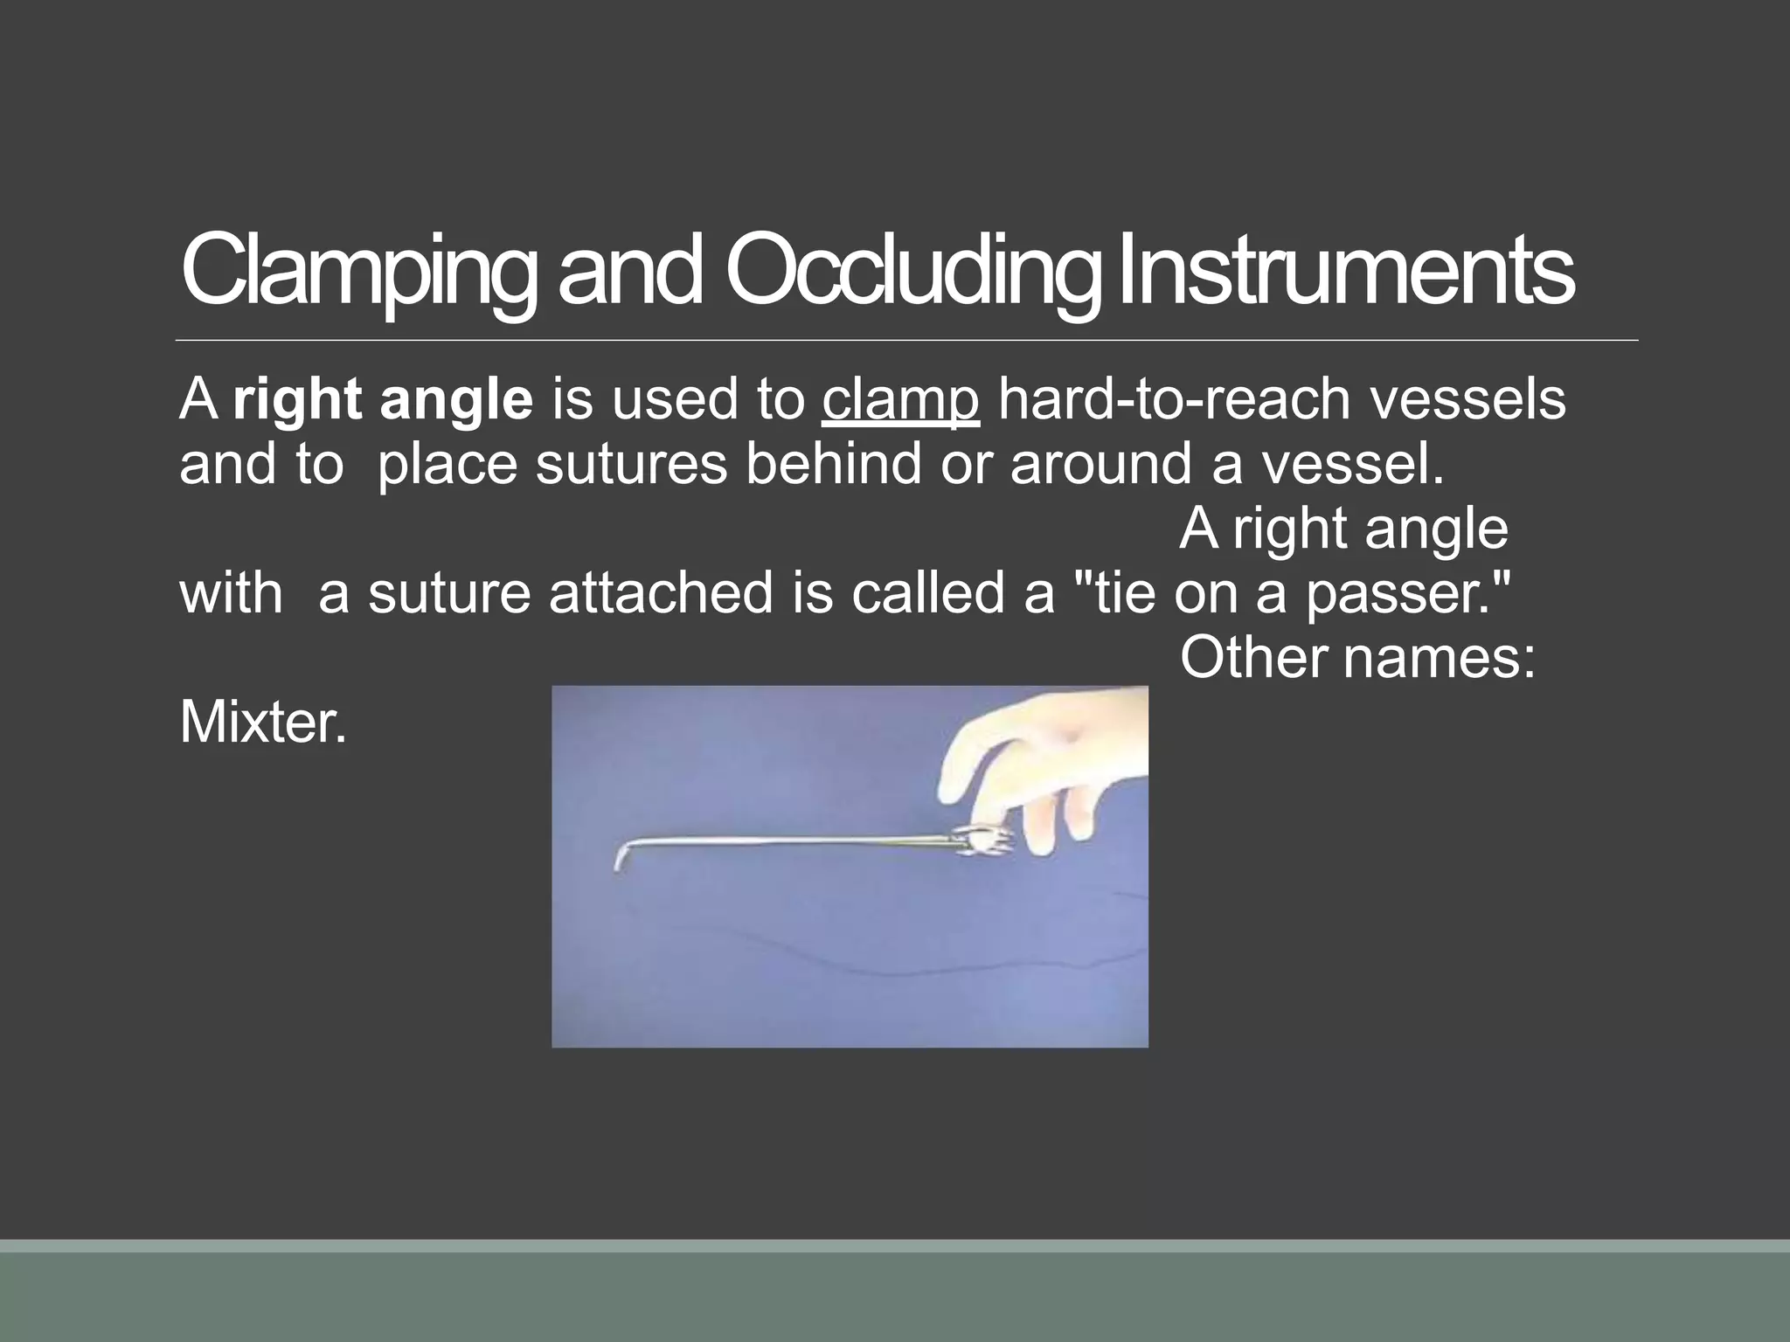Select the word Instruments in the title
click(1345, 271)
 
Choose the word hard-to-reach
click(1172, 399)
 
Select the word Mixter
click(262, 723)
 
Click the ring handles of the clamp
click(983, 841)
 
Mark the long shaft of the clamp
click(787, 843)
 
